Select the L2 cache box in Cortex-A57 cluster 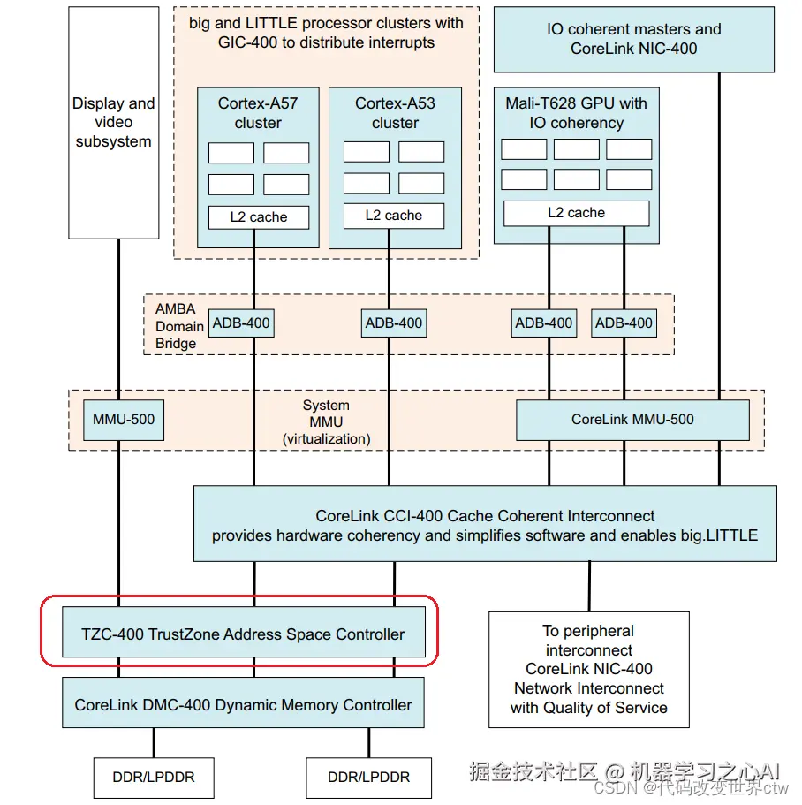(x=259, y=216)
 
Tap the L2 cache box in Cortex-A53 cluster (x=394, y=216)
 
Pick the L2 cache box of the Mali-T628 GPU (x=576, y=213)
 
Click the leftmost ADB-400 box (x=242, y=323)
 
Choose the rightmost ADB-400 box (x=624, y=323)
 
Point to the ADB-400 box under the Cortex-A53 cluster (x=394, y=323)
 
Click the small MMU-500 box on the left (x=124, y=419)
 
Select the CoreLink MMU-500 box (x=632, y=419)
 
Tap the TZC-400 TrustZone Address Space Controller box (x=243, y=634)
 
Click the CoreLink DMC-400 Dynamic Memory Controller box (x=243, y=705)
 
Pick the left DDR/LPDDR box (x=153, y=778)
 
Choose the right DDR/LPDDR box (x=368, y=778)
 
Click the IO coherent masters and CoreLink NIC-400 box (x=633, y=39)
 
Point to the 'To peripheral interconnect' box (x=588, y=669)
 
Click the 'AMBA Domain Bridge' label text (x=179, y=326)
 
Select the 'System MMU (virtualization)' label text (x=326, y=421)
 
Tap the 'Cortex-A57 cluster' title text (x=258, y=113)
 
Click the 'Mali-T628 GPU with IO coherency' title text (x=576, y=113)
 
